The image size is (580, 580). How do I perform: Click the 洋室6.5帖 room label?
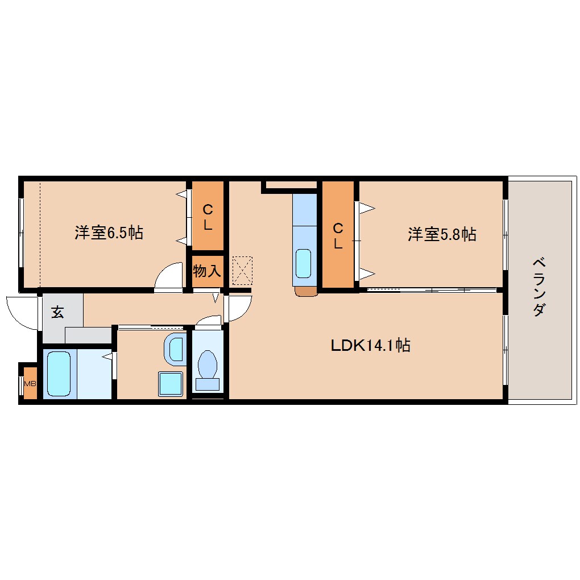109,233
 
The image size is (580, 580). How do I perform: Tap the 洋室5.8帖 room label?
442,234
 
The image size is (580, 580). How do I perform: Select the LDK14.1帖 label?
370,345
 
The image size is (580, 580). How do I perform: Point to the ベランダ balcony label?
539,287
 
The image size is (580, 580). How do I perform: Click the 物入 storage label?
207,271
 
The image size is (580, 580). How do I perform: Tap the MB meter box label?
30,384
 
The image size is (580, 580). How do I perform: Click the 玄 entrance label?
57,312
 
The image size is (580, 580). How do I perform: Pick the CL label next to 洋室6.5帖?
208,217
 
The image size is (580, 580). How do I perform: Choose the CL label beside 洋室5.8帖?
338,235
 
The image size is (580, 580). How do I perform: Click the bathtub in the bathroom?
59,374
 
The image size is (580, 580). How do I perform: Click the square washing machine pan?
171,384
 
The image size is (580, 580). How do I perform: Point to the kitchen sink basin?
303,263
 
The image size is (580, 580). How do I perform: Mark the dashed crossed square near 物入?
242,271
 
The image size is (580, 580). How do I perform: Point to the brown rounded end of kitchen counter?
306,291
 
